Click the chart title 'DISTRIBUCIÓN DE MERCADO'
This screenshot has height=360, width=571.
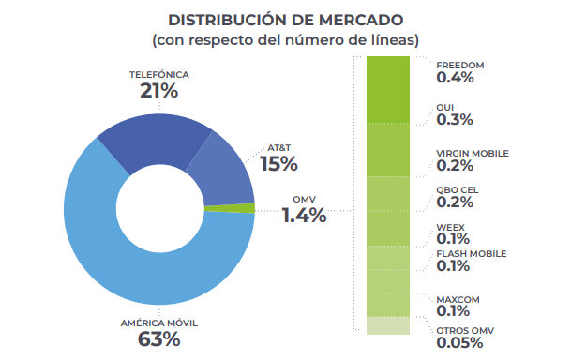tap(285, 20)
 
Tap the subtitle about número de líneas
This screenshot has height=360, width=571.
tap(285, 39)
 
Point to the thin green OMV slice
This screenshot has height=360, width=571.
tap(230, 208)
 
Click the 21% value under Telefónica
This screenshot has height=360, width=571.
tap(159, 91)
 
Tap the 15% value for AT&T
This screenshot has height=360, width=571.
tap(279, 163)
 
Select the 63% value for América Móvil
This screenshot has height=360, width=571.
tap(159, 338)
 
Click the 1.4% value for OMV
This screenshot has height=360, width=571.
tap(305, 215)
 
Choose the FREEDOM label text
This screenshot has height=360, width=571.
tap(460, 66)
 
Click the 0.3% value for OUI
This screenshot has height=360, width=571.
tap(455, 119)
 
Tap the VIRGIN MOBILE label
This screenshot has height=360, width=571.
tap(473, 153)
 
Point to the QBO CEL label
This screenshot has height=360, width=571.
tap(458, 190)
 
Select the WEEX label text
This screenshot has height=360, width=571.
tap(451, 228)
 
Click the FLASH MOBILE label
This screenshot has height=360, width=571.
tap(472, 254)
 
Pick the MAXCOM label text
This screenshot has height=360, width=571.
tap(458, 300)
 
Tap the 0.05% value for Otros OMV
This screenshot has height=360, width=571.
tap(460, 342)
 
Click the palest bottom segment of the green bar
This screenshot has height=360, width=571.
tap(388, 325)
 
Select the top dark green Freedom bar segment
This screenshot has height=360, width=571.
tap(388, 90)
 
